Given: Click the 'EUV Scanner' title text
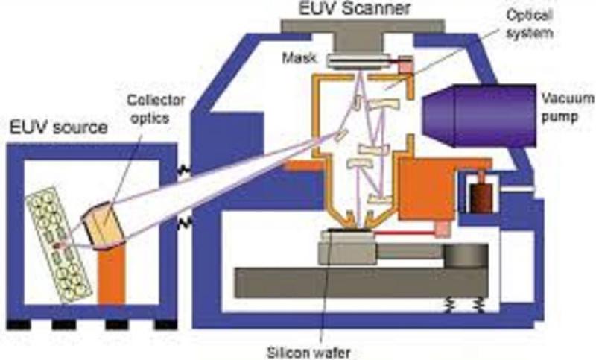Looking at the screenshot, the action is [x=355, y=8].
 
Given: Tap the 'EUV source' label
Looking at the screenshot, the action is [x=58, y=127].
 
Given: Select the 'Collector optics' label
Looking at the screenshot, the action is [x=156, y=109].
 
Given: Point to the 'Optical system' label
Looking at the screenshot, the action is [x=529, y=24].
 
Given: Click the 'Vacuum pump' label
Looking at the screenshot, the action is [x=568, y=107].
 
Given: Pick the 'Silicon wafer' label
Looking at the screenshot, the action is [x=308, y=352].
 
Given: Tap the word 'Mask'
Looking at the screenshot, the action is [x=299, y=58].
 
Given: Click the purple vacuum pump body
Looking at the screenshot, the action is [x=480, y=116].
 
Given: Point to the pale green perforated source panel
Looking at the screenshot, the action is [x=59, y=244].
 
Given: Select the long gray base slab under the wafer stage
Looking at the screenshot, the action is [x=361, y=282].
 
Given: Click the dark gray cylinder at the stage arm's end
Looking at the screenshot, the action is [x=466, y=256].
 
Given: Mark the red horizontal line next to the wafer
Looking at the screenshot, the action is [x=405, y=233].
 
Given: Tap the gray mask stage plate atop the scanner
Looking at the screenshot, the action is [x=363, y=25].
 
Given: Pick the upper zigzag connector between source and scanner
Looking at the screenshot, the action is [x=184, y=169].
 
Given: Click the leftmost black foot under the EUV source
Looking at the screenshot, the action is [x=18, y=326].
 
